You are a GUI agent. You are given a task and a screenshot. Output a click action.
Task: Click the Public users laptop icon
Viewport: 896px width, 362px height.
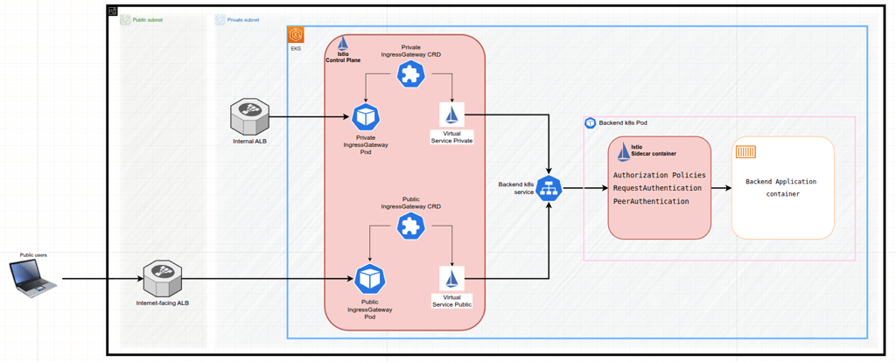coord(33,279)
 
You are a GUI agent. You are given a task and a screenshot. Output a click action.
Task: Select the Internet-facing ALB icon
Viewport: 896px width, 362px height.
coord(162,279)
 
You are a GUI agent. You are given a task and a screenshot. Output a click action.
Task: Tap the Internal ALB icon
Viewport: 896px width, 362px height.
coord(248,116)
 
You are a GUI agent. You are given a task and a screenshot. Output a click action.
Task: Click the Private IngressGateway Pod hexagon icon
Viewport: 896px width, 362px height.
coord(366,116)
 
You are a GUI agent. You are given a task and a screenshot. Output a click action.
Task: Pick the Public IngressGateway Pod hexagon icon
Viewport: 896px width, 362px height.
coord(369,279)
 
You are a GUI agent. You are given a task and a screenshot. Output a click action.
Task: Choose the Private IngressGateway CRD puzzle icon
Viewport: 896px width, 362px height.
coord(410,74)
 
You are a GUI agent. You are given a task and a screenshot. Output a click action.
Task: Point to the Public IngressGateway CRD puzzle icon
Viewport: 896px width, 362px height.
coord(410,226)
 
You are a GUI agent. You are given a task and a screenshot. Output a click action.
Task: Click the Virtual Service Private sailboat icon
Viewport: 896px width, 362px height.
coord(452,115)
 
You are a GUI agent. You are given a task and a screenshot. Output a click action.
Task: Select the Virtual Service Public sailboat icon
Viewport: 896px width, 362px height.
coord(452,279)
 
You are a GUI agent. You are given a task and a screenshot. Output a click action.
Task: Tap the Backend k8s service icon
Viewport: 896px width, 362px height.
coord(549,188)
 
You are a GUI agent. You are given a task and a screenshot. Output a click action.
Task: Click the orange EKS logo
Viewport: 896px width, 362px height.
coord(297,35)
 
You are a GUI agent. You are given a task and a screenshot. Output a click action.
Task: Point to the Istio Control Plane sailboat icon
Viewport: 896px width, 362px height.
coord(343,44)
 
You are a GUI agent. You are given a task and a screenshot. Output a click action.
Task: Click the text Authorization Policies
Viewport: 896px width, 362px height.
coord(659,175)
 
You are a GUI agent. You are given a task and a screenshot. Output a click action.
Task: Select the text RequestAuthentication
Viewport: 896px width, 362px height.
coord(657,188)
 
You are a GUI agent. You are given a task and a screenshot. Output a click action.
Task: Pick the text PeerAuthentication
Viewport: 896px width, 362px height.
coord(651,201)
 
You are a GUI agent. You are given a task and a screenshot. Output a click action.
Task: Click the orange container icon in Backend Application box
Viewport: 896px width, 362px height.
coord(745,153)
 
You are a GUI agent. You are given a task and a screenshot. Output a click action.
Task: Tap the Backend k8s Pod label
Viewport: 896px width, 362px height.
coord(622,123)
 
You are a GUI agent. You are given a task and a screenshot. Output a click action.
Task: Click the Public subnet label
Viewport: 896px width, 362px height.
coord(147,19)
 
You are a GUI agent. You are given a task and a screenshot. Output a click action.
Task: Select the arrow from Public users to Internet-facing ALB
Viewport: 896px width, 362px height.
coord(101,280)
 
